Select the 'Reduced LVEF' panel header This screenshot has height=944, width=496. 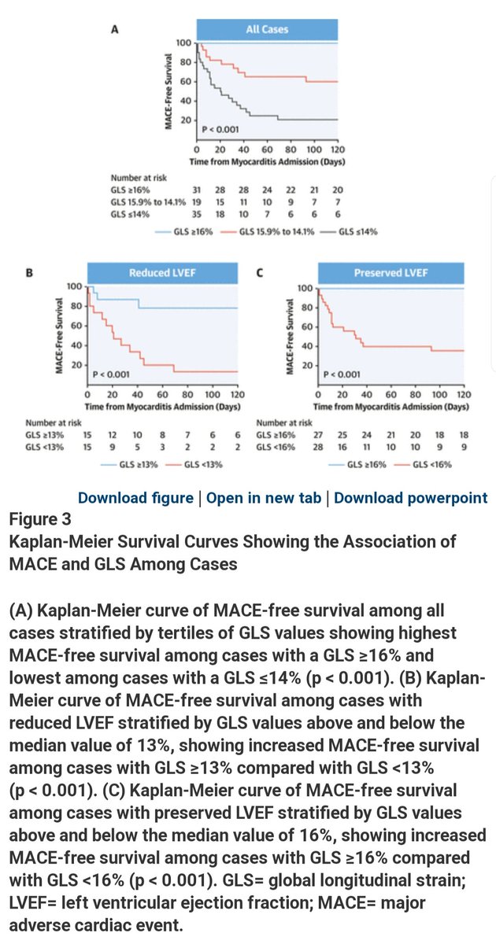[161, 273]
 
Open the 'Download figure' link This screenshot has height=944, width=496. [135, 498]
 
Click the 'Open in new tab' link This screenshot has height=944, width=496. [263, 498]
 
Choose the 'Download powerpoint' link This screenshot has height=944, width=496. [410, 498]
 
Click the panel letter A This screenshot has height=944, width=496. [116, 29]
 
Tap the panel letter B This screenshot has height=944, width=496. [29, 274]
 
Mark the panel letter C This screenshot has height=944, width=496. [260, 274]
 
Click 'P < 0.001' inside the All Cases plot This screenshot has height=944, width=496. [221, 129]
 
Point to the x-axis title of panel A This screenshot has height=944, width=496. [268, 160]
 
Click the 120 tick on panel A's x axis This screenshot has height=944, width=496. [338, 149]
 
